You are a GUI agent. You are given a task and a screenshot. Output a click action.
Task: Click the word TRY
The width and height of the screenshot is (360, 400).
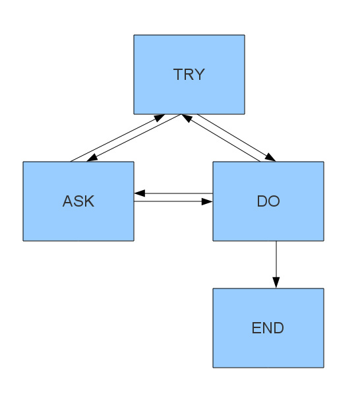189,75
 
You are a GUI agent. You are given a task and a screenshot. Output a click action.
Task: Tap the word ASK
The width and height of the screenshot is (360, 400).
78,201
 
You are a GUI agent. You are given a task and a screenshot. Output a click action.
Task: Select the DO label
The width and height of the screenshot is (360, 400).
268,201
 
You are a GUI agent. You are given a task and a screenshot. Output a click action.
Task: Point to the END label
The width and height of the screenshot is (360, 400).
268,328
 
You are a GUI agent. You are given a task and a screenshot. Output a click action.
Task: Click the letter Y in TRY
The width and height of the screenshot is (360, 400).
199,75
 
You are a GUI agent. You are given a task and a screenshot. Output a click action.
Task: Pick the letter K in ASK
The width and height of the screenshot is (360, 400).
89,201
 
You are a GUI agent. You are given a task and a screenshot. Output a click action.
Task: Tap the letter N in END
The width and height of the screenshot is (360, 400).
268,328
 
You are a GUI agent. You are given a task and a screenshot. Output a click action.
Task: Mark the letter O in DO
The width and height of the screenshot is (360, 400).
274,201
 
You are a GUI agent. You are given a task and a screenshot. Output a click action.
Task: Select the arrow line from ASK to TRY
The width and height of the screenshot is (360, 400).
115,139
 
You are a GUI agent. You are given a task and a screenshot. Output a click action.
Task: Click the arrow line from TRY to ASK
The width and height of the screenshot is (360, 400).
135,137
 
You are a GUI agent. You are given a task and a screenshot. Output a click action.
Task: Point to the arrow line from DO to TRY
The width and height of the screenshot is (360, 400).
221,140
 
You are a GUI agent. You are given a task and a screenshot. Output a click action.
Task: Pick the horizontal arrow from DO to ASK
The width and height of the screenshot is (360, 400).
175,194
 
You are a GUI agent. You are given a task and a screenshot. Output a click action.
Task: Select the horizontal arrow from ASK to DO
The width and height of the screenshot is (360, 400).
171,201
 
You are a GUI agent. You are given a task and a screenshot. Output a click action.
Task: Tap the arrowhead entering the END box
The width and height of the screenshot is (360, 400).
276,283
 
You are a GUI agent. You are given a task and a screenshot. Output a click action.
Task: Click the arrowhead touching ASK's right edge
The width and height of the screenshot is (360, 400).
139,194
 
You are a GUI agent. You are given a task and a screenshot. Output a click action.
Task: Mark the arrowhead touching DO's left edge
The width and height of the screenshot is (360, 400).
207,201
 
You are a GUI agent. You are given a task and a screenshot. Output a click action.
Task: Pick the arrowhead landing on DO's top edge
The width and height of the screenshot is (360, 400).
270,158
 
